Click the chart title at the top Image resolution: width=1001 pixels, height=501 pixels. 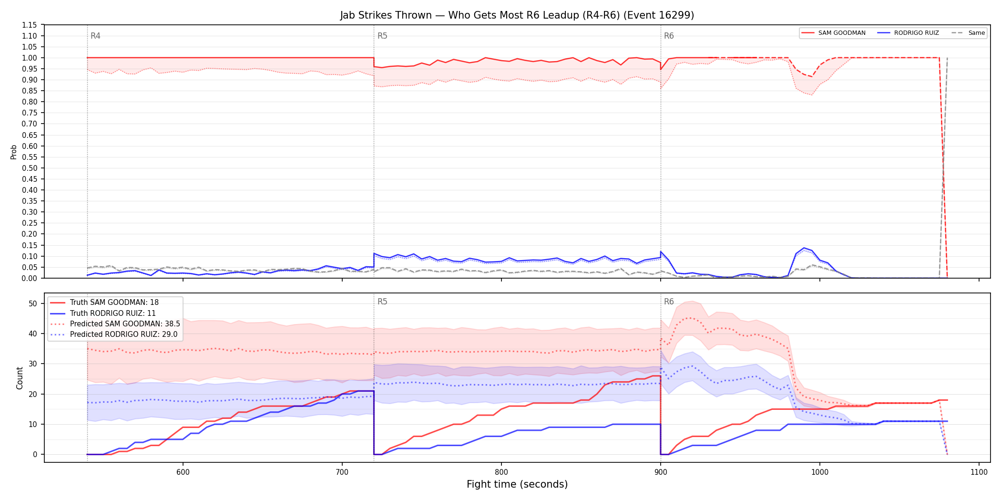(517, 15)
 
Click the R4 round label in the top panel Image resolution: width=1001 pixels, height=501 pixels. (95, 36)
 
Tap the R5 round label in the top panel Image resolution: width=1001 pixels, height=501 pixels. (382, 36)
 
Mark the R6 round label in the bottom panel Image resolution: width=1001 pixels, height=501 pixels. (669, 302)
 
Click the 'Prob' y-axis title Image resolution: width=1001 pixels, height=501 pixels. (14, 152)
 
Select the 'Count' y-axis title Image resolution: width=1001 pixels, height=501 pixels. (20, 378)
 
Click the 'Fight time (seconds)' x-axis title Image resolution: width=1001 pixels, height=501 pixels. (517, 484)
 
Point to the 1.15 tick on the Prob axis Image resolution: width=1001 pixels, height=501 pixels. (29, 25)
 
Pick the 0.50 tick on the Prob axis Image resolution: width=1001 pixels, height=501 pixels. (29, 168)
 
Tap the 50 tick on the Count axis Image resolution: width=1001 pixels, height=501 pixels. (33, 303)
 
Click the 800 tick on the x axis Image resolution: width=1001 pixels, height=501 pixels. (501, 472)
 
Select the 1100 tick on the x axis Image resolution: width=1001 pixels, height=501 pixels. (979, 472)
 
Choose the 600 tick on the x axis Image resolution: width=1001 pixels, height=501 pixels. (183, 472)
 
